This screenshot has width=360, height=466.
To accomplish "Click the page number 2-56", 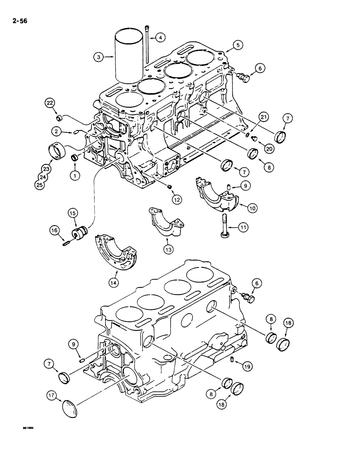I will click(x=14, y=21).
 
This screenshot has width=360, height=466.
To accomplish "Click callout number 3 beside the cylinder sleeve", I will click(x=98, y=57).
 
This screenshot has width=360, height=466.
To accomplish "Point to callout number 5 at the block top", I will click(x=238, y=46).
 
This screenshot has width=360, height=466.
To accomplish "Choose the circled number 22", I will click(x=49, y=103).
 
